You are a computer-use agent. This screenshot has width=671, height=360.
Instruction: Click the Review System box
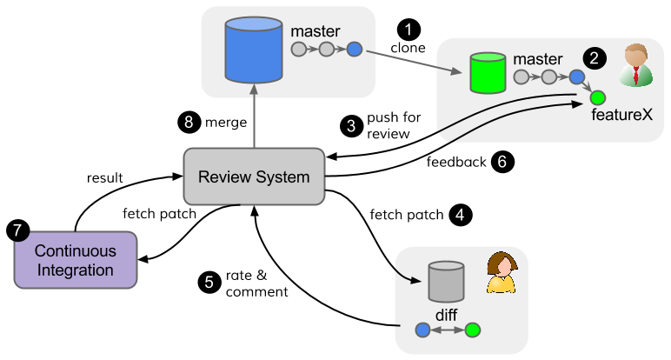click(254, 177)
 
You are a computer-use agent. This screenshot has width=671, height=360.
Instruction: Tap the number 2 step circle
click(595, 59)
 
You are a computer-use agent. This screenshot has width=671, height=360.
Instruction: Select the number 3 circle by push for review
click(352, 125)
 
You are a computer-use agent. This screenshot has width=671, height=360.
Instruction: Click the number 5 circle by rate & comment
click(207, 282)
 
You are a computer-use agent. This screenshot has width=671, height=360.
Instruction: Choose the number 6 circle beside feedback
click(502, 161)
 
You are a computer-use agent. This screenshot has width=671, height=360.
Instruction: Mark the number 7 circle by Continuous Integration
click(17, 230)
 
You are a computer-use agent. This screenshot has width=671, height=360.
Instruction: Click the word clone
click(409, 48)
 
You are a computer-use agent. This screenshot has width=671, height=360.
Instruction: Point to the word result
click(104, 177)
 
